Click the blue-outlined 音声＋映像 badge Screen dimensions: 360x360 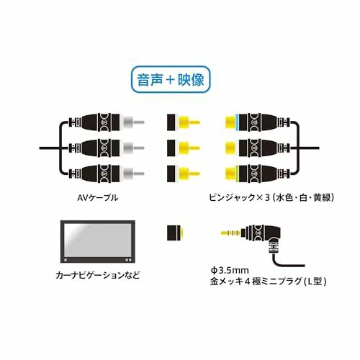point(171,79)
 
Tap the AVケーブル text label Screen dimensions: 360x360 point(98,198)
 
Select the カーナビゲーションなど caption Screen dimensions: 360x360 point(98,275)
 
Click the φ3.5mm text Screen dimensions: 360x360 point(230,270)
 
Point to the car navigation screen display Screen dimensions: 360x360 point(98,241)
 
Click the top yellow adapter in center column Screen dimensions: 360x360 point(183,122)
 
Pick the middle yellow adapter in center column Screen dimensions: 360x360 point(183,148)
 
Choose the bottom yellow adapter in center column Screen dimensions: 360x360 point(183,174)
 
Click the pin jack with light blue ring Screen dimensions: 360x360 point(257,122)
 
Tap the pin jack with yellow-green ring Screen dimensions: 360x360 point(257,174)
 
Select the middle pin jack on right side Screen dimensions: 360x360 point(257,148)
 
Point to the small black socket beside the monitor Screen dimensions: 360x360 point(176,233)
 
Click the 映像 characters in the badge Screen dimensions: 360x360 point(191,80)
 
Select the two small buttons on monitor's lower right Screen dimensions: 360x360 point(128,260)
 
